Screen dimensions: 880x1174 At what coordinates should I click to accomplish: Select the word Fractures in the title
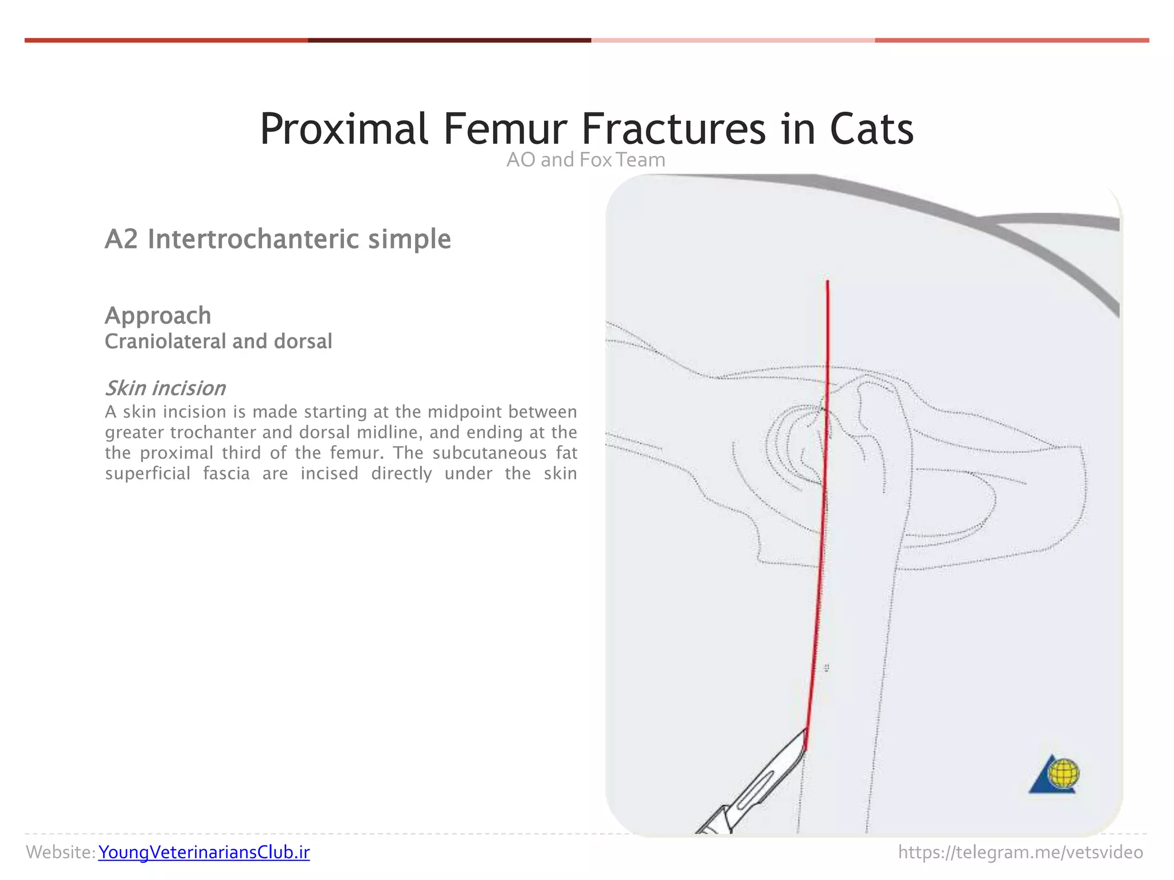coord(674,129)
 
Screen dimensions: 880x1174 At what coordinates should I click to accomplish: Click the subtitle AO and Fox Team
coord(585,160)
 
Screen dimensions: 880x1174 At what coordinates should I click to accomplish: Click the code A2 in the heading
coord(122,239)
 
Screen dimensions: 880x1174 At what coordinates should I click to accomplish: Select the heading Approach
coord(158,315)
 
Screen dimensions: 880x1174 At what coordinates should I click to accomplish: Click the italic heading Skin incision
coord(165,388)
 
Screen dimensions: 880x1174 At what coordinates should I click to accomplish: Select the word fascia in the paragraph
coord(226,474)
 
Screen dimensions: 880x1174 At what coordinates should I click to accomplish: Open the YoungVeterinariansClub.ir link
coord(204,852)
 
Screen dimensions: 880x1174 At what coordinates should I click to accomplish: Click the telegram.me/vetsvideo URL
coord(1020,852)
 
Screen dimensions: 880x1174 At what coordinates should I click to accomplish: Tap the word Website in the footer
coord(59,852)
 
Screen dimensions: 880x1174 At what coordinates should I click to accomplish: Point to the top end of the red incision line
coord(827,281)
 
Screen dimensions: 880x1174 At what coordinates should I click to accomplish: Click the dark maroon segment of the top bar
coord(449,40)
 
